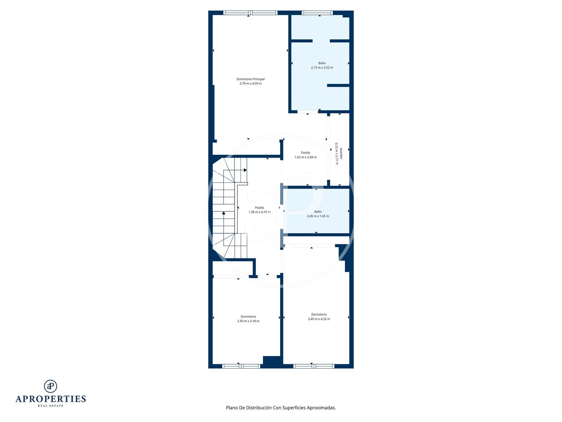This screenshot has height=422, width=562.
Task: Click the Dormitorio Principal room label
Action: tap(250, 79)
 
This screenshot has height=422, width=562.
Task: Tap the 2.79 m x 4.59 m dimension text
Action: tap(250, 84)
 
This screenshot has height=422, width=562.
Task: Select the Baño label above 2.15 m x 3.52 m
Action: tap(322, 63)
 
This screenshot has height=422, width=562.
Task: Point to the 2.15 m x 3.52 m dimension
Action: tap(322, 68)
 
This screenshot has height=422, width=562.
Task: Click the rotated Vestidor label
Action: tap(341, 153)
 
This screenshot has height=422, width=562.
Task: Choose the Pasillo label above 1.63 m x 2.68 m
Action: tap(305, 153)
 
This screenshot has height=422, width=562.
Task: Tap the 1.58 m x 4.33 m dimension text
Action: tap(259, 212)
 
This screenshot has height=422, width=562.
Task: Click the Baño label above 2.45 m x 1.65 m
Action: tap(318, 212)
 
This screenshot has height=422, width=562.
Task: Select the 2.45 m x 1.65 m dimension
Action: tap(318, 216)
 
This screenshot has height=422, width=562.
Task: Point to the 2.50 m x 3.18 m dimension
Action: tap(248, 321)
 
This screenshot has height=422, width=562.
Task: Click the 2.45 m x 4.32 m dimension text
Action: tap(319, 319)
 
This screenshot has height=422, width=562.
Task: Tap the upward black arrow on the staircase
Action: tap(224, 213)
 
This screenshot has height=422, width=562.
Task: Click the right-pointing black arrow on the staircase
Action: tap(245, 170)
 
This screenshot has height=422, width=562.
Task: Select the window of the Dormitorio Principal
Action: tap(250, 13)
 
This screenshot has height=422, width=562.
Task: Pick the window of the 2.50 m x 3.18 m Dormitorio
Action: tap(241, 367)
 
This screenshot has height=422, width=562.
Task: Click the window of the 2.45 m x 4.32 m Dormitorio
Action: tap(314, 367)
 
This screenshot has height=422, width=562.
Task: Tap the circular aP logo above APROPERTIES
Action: tap(51, 386)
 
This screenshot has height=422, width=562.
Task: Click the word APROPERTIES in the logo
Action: tap(51, 399)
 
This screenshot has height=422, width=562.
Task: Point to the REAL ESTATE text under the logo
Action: tap(51, 406)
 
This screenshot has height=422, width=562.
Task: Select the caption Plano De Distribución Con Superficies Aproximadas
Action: tap(281, 408)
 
